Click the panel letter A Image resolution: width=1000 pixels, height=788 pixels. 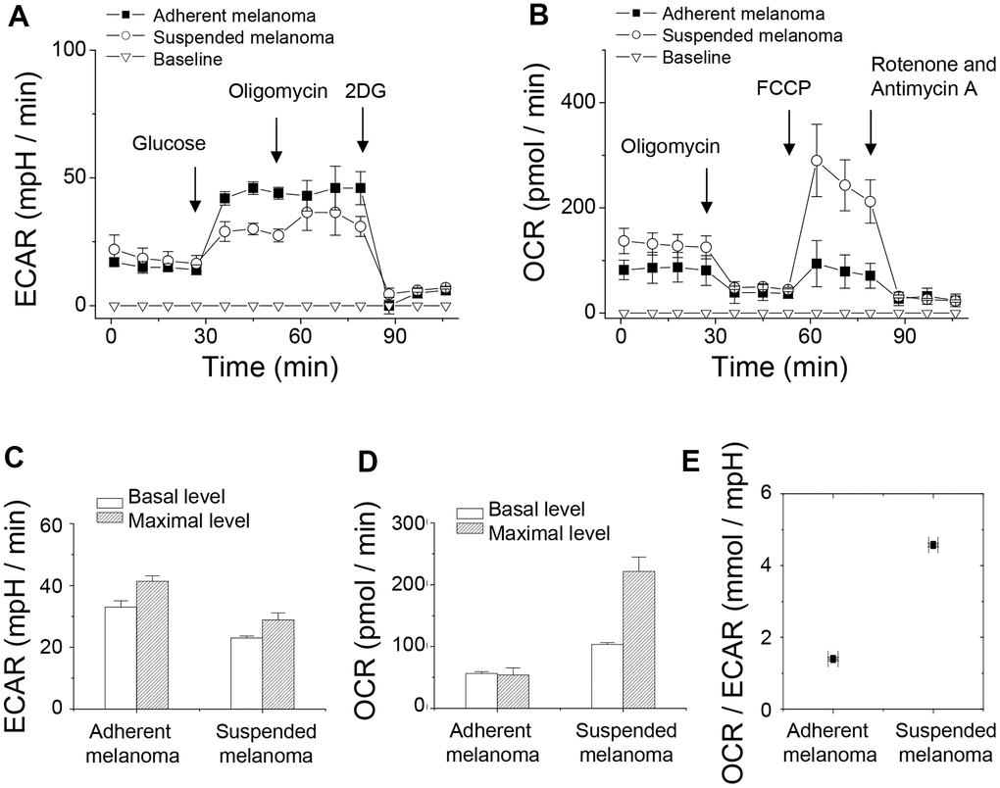(20, 21)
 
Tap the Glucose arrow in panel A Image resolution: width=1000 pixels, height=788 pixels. (195, 188)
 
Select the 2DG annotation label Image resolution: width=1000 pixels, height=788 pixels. (363, 91)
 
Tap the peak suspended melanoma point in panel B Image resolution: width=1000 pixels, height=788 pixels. (816, 160)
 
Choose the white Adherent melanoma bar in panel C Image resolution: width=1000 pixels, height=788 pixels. (121, 657)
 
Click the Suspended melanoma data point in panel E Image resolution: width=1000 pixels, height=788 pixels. (933, 545)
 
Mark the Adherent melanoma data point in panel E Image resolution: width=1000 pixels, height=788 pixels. (832, 659)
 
